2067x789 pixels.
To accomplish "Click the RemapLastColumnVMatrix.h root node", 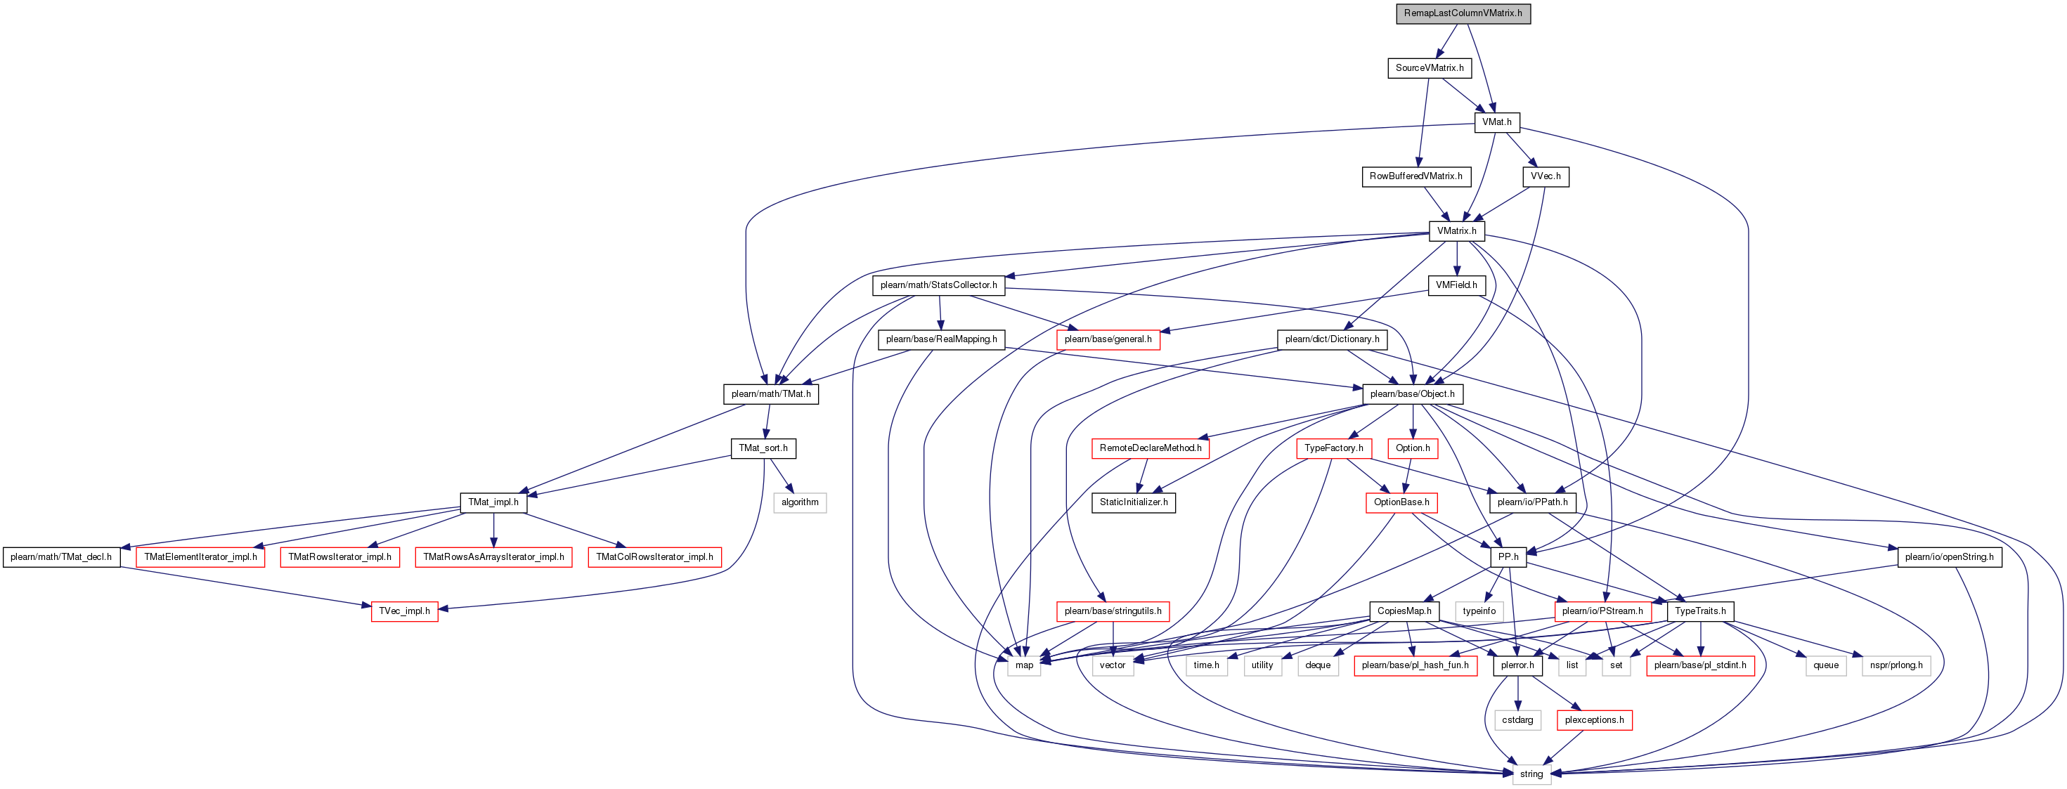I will point(1463,13).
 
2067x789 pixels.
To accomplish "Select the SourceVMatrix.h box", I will point(1429,68).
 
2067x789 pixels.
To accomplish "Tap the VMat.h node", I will point(1496,122).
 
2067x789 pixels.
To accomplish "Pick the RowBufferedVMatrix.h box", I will point(1415,176).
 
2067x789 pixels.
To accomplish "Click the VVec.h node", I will point(1545,176).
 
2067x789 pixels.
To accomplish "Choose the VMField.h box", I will point(1456,285).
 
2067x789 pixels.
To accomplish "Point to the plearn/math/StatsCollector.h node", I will point(938,285).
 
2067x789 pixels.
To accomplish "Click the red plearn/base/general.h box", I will point(1108,339).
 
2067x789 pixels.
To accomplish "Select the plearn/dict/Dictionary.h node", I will point(1331,339).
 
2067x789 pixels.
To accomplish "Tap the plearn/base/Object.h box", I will point(1411,393).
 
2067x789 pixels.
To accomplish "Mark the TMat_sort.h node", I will point(763,448).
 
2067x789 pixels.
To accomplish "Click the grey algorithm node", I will point(800,503).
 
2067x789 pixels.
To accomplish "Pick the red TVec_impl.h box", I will point(404,611).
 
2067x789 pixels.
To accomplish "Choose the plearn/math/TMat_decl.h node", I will point(61,556).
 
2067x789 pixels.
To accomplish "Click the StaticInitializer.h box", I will point(1133,503).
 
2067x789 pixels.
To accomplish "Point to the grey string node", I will point(1531,774).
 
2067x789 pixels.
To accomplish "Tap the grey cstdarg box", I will point(1517,720).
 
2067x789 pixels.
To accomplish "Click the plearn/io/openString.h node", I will point(1948,556).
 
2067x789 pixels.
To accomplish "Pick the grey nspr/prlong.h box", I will point(1896,665).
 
